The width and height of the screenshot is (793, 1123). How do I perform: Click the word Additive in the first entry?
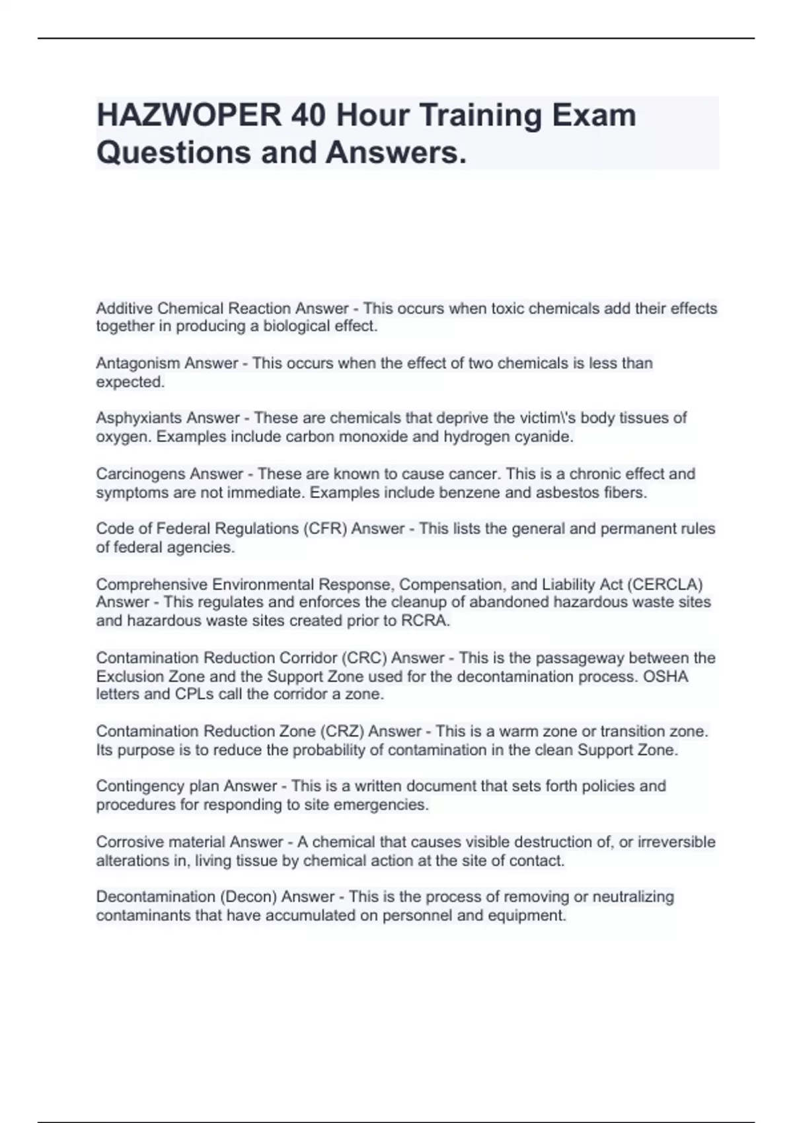(124, 308)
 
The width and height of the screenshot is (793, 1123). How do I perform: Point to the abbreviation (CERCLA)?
(664, 585)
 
